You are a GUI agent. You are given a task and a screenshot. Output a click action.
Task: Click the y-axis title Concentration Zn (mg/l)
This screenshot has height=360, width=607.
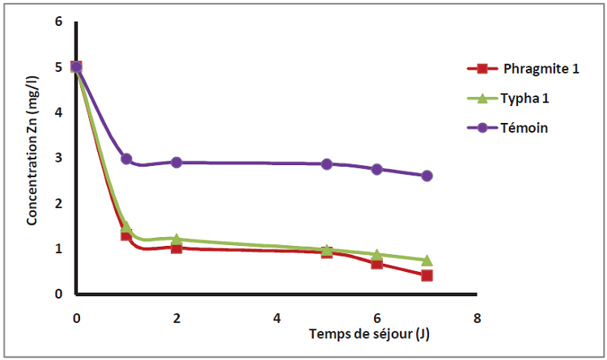(33, 158)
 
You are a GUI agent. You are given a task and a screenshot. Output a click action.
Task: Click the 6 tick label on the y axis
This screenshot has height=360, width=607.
(58, 21)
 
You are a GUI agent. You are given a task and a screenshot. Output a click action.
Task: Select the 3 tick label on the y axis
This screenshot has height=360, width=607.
(58, 158)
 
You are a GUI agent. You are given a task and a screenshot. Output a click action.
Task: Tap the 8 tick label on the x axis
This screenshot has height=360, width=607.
(478, 318)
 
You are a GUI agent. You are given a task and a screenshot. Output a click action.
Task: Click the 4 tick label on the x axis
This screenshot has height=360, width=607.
(277, 318)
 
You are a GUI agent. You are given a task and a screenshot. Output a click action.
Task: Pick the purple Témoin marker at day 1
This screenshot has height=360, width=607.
(126, 159)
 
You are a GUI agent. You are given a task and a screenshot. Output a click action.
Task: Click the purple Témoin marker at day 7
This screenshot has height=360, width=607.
(427, 176)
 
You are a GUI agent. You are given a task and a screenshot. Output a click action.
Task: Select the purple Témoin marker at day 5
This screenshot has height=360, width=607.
(327, 164)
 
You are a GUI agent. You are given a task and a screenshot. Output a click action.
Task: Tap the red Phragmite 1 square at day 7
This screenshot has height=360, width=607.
(427, 276)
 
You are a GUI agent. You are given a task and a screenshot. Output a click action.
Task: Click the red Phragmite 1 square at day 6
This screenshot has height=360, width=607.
(377, 264)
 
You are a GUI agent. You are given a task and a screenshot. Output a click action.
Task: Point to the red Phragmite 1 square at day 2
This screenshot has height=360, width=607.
(176, 248)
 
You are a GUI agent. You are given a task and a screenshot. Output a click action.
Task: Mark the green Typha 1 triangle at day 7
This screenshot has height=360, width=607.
(427, 260)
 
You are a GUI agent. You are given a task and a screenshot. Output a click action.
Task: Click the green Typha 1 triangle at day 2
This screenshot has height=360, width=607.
(176, 239)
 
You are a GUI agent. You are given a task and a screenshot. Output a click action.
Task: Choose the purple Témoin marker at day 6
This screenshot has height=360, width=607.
(377, 169)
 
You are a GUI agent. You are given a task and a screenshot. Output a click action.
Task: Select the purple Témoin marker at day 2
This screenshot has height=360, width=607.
(176, 163)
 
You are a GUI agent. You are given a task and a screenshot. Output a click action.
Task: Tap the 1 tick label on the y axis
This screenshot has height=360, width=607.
(58, 249)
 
